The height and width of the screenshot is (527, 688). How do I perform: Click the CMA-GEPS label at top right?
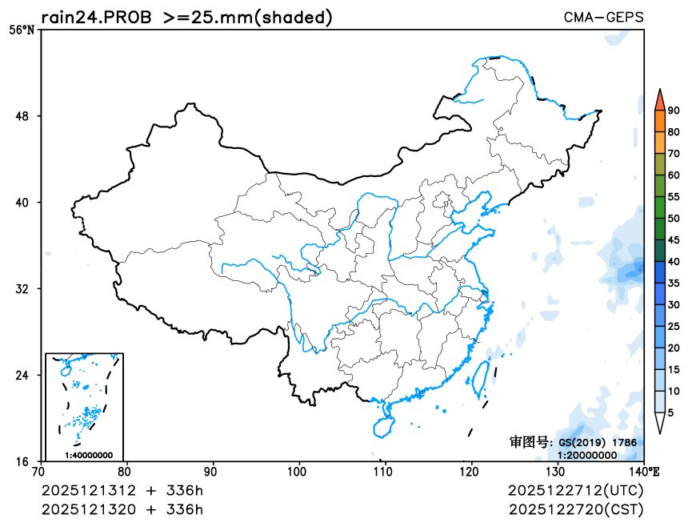[603, 17]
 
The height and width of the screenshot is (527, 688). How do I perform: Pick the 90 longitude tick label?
[212, 472]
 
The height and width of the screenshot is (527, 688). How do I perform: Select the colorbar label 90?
[674, 111]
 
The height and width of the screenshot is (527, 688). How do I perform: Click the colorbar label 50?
[674, 218]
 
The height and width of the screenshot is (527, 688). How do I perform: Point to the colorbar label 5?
[670, 412]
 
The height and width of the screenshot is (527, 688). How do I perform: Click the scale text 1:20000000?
[587, 455]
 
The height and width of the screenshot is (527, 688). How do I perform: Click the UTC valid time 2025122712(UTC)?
[575, 490]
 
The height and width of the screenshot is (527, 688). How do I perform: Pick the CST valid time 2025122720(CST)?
[575, 509]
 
